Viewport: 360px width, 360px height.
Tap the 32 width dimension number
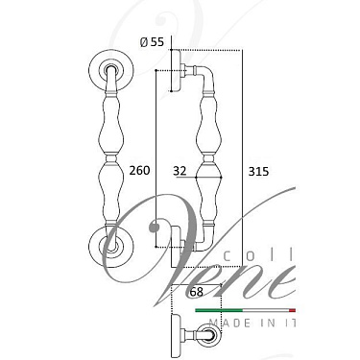tap(180, 171)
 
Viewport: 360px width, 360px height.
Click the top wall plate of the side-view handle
tap(176, 70)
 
